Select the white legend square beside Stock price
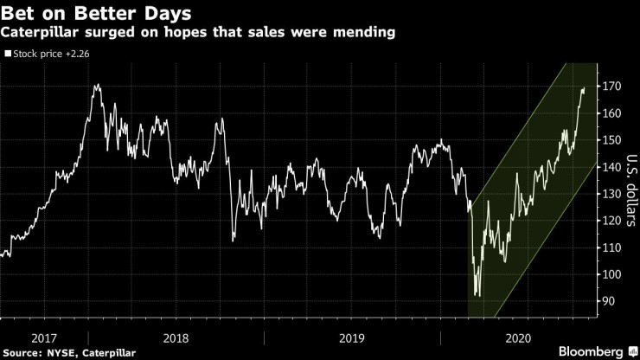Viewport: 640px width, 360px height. point(8,53)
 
